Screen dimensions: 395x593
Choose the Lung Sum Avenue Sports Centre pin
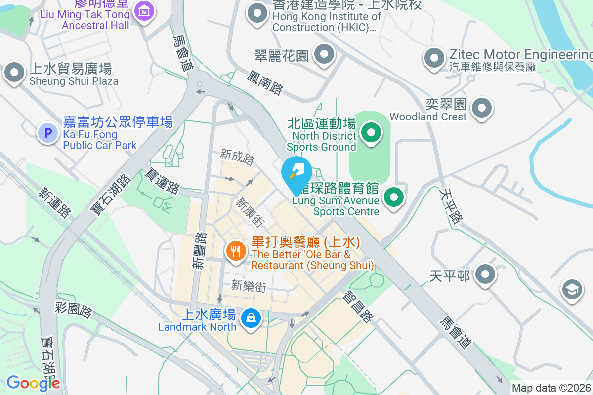click(393, 197)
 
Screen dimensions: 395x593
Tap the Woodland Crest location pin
click(482, 107)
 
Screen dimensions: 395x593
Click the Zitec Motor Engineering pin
click(434, 58)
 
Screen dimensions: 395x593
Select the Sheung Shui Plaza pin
click(14, 73)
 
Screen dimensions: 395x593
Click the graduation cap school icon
click(572, 289)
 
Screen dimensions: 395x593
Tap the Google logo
click(33, 383)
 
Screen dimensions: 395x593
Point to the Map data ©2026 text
click(551, 388)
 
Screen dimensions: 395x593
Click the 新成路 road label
click(238, 158)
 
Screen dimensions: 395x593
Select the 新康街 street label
click(249, 212)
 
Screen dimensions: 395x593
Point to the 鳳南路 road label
click(265, 82)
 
